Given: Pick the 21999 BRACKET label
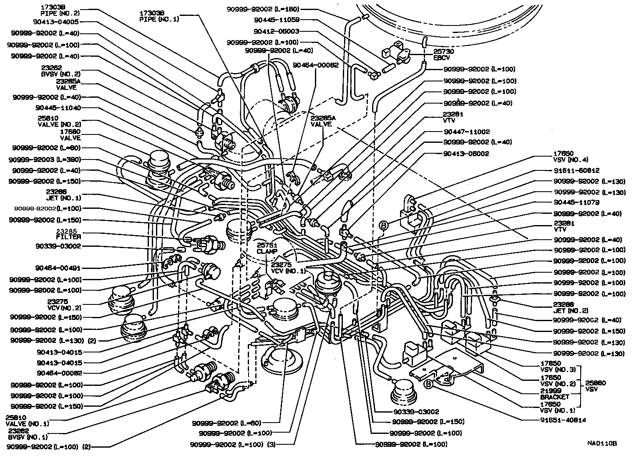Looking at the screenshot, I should click(554, 393).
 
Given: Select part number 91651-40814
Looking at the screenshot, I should click(567, 420).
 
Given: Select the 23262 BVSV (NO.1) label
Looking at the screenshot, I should click(28, 434).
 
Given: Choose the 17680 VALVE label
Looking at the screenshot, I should click(70, 134).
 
